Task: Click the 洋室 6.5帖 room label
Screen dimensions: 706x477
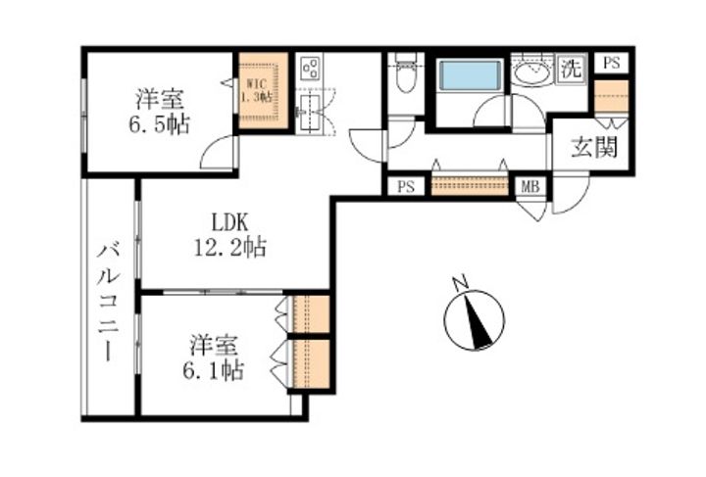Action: click(x=160, y=112)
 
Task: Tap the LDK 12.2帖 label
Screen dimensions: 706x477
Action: click(x=229, y=235)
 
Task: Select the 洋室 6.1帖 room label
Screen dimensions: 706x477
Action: click(x=213, y=358)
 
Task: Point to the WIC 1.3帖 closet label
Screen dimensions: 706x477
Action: click(x=256, y=90)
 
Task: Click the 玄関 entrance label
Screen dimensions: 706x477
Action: click(x=594, y=147)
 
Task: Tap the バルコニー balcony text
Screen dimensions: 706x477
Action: click(x=108, y=302)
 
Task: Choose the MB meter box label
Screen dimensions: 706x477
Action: click(x=529, y=186)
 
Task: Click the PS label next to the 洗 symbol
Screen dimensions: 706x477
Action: click(x=611, y=64)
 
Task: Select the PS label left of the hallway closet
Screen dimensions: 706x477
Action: click(x=406, y=186)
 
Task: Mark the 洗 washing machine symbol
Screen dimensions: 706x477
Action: click(x=572, y=70)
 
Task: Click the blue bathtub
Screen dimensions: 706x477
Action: click(x=470, y=75)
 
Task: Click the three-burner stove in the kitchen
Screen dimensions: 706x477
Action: click(x=309, y=68)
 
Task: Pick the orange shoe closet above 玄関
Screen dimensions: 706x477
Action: click(x=611, y=97)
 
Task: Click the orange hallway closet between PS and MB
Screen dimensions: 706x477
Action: click(x=469, y=184)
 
